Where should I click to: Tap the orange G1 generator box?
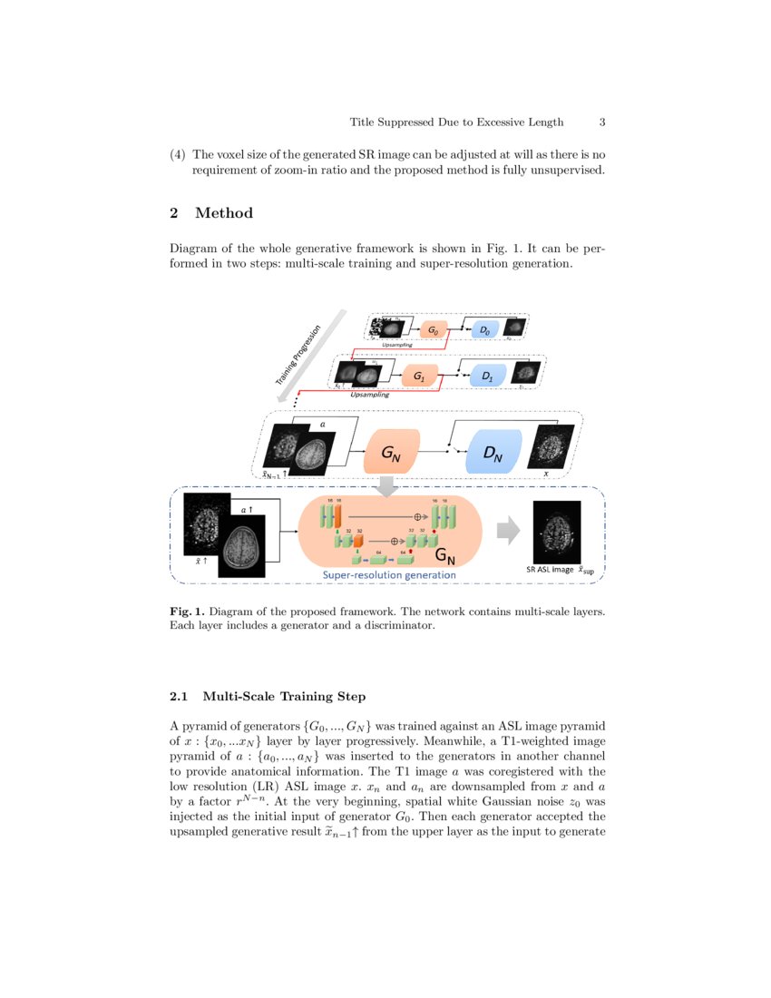419,375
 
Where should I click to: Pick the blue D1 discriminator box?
487,375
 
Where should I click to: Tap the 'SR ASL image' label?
551,570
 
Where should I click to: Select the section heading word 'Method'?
224,213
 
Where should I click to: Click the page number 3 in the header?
602,122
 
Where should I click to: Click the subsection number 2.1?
179,697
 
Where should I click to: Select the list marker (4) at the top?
178,154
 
